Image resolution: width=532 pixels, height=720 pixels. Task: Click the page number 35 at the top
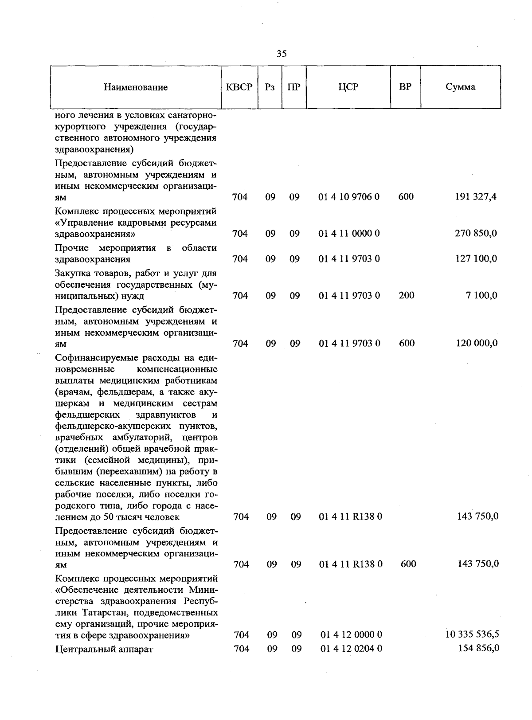(x=282, y=54)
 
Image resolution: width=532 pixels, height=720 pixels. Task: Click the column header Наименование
(x=136, y=87)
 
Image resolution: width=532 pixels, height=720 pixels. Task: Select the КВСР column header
(x=239, y=87)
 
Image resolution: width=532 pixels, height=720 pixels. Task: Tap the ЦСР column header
(x=348, y=87)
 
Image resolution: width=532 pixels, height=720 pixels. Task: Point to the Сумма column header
(x=460, y=87)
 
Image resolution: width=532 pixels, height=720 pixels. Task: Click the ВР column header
(x=405, y=86)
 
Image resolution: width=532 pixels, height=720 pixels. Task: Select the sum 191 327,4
(x=476, y=197)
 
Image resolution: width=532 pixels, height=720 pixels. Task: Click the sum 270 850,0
(x=476, y=233)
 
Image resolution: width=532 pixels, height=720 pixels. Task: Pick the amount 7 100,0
(x=481, y=295)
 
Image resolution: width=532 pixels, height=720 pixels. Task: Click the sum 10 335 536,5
(x=472, y=634)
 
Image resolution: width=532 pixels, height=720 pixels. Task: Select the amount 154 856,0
(x=477, y=648)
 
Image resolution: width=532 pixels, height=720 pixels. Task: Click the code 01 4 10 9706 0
(x=349, y=197)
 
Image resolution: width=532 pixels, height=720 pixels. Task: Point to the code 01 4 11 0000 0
(x=349, y=233)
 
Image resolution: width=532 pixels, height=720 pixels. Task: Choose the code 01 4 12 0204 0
(x=351, y=649)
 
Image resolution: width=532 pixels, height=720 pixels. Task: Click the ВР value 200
(x=406, y=295)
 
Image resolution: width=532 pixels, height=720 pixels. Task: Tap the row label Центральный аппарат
(x=104, y=650)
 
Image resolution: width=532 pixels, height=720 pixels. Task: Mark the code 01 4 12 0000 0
(x=351, y=635)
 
